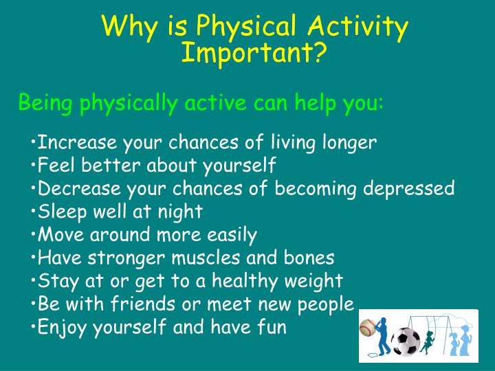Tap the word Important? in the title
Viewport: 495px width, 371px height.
click(x=254, y=53)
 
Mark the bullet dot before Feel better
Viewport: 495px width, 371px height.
click(x=33, y=166)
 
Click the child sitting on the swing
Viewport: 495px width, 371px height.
click(x=430, y=337)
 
